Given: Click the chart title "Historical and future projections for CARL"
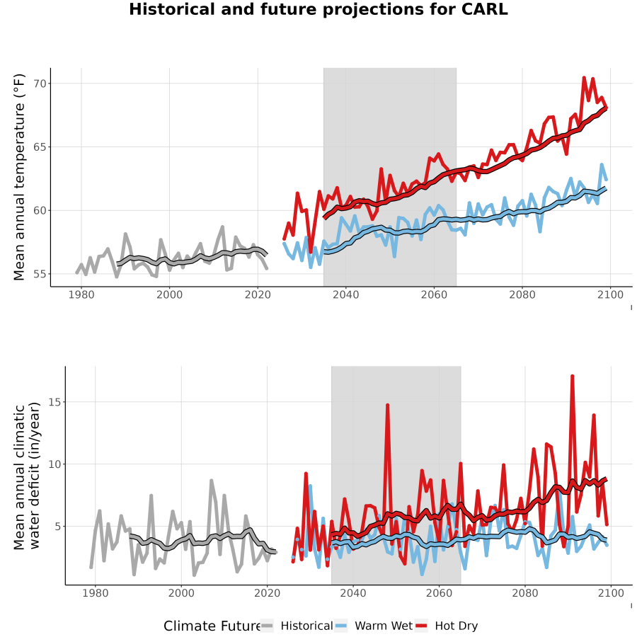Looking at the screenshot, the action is point(318,9).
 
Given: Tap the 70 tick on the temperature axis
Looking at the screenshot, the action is point(40,84).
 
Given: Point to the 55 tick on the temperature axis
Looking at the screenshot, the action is point(40,274).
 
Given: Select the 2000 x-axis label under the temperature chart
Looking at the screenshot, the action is point(169,294).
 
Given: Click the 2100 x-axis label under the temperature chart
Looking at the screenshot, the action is point(611,294).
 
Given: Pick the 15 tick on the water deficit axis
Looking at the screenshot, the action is point(55,402).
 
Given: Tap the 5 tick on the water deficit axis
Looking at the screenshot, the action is point(59,527).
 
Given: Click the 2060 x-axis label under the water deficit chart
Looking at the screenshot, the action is point(439,593).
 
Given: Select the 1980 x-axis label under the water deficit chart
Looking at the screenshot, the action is point(96,593).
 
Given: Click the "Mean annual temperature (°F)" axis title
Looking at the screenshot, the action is point(19,177).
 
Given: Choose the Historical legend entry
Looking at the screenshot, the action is point(297,626).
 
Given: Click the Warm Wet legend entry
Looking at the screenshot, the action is point(374,626).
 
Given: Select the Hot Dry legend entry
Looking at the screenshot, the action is point(447,626).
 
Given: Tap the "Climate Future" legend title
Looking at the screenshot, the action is point(212,626).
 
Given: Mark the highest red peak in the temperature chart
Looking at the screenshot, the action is point(584,77).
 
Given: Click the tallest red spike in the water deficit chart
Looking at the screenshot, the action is point(572,377).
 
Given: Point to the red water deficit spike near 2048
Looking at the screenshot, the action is point(388,405).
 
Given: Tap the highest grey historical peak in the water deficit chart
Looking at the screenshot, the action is point(211,480).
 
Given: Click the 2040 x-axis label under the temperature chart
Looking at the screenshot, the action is point(345,294).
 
